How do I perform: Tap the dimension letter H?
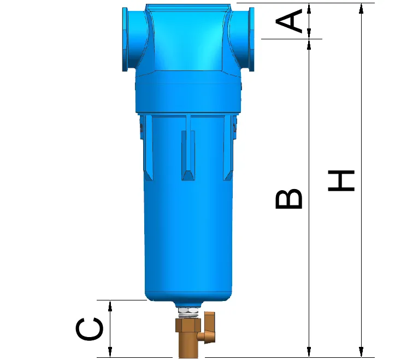point(341,181)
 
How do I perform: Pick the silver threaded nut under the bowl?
point(188,312)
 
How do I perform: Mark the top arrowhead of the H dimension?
point(361,7)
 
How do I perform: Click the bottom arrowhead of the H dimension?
point(361,352)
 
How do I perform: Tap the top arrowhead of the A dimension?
point(309,7)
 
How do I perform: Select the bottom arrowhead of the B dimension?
point(309,352)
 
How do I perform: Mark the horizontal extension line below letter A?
point(292,39)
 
